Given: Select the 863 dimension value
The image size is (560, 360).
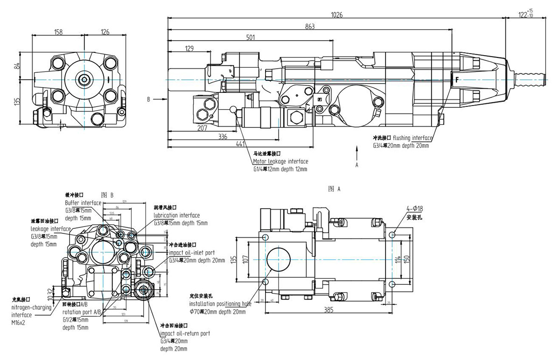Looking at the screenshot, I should coord(310,27).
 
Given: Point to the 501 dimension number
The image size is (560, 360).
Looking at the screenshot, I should coord(251,37).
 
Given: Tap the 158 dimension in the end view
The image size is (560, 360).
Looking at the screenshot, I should coord(58,32).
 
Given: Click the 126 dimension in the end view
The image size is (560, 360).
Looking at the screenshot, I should coord(105,32).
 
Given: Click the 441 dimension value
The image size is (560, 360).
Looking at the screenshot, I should coord(240,144).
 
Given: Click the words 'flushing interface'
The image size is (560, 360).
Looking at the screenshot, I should coord(413,138).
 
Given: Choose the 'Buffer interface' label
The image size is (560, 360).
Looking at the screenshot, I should coord(83,203).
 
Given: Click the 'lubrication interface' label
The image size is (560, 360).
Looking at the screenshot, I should coord(177,215).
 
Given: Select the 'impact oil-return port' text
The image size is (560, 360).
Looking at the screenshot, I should coord(185,333).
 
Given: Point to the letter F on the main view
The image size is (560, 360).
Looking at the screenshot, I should coord(456,80).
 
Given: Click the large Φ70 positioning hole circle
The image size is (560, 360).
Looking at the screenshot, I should coord(278,259).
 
